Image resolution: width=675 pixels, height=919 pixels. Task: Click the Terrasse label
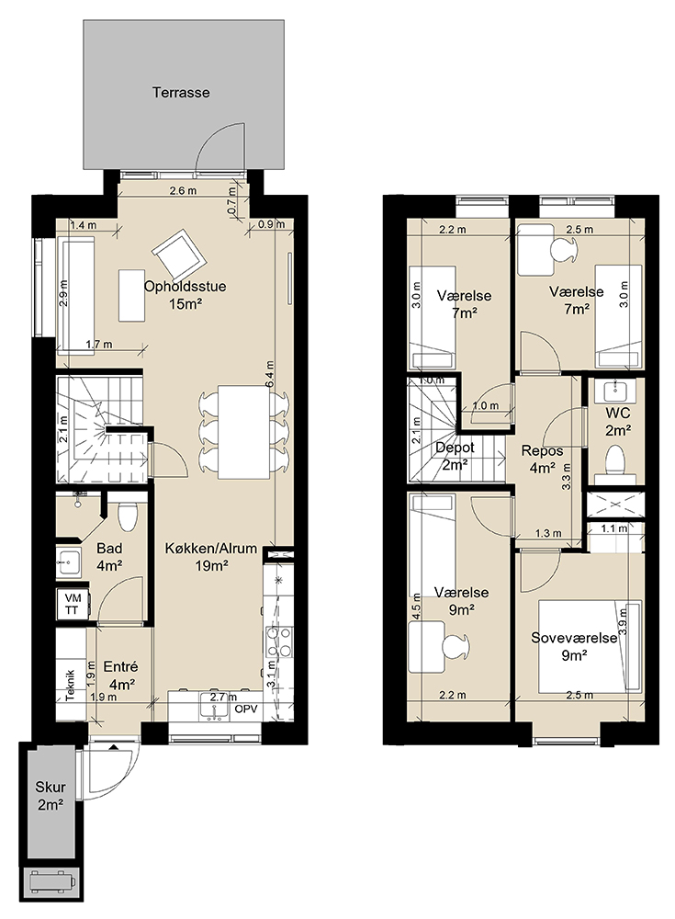181,92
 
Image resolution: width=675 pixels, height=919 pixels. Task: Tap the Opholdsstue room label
186,287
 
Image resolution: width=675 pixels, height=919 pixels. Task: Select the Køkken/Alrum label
211,549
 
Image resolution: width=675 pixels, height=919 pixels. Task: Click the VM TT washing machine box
73,604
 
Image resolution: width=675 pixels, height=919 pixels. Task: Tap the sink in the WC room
615,389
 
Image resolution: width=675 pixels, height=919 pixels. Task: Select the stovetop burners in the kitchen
279,641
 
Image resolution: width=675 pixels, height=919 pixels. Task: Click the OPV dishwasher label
246,709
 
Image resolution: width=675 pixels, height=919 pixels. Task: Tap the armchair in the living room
180,255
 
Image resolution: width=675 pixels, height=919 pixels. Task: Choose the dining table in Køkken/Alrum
243,431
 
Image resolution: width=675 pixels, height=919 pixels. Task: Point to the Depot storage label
455,448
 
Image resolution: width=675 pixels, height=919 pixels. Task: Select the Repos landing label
542,450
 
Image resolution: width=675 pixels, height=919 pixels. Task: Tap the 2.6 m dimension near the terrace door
183,190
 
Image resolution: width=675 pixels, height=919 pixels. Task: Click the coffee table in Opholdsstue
132,295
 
